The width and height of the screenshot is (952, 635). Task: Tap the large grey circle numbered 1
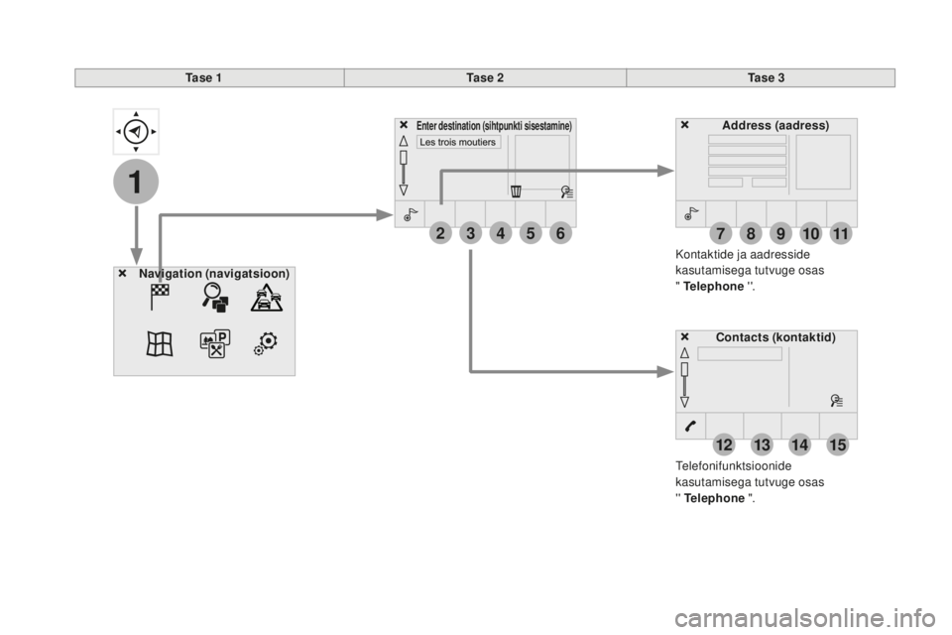pyautogui.click(x=136, y=182)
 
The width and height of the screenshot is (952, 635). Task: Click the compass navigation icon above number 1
pyautogui.click(x=136, y=131)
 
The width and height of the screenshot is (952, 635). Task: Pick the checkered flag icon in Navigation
pyautogui.click(x=160, y=297)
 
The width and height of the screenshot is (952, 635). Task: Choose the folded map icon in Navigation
pyautogui.click(x=160, y=343)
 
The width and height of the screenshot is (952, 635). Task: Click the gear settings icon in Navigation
pyautogui.click(x=266, y=343)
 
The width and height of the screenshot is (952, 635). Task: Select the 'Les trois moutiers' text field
pyautogui.click(x=458, y=142)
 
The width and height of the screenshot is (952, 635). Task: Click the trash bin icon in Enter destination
pyautogui.click(x=516, y=191)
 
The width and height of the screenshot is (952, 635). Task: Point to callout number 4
pyautogui.click(x=500, y=233)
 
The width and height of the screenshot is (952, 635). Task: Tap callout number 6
pyautogui.click(x=560, y=233)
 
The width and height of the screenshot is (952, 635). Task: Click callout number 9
pyautogui.click(x=780, y=234)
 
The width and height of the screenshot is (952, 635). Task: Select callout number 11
pyautogui.click(x=841, y=234)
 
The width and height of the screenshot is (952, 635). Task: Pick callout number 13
pyautogui.click(x=762, y=445)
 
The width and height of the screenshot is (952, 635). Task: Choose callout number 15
pyautogui.click(x=838, y=445)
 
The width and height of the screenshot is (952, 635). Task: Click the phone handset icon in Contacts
pyautogui.click(x=691, y=426)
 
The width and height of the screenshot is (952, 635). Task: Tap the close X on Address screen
pyautogui.click(x=685, y=125)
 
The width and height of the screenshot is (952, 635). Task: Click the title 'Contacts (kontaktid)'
pyautogui.click(x=775, y=337)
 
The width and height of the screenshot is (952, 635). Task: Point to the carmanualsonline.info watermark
pyautogui.click(x=805, y=618)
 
